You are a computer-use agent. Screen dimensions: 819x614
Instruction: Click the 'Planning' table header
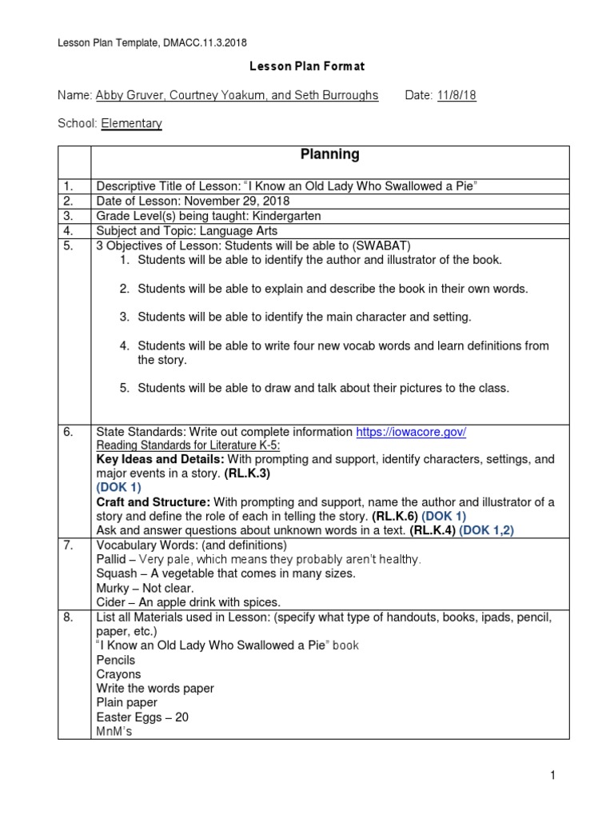pos(329,154)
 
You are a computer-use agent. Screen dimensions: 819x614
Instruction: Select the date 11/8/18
pos(457,95)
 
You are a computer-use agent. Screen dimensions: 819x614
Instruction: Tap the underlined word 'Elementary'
pos(131,123)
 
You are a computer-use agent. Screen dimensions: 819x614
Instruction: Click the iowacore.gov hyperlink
pos(411,431)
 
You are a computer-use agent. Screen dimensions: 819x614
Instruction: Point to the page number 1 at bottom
pos(552,774)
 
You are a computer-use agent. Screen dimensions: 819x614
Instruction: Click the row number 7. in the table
pos(69,545)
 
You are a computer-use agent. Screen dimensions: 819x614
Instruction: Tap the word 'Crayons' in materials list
pos(118,674)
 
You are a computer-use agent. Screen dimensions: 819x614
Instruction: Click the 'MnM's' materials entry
pos(114,731)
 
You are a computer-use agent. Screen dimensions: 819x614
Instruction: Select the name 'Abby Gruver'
pos(126,95)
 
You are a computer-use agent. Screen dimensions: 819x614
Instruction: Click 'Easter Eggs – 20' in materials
pos(142,717)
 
